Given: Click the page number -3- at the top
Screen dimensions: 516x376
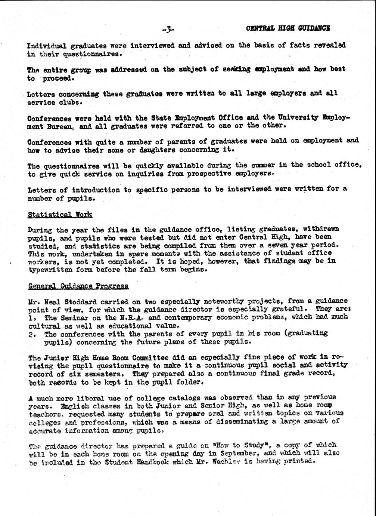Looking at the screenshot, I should click(168, 29).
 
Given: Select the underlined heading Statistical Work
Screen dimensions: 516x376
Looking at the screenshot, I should click(60, 215).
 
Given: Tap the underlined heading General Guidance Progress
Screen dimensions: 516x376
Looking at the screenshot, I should click(78, 286).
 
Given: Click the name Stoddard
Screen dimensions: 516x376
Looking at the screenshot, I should click(81, 302).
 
